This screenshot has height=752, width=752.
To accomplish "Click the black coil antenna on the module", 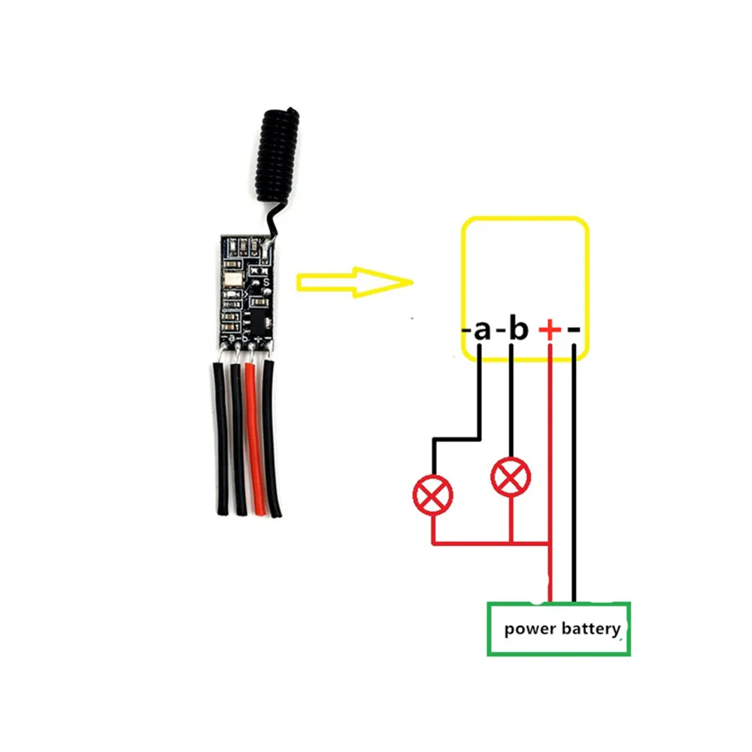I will point(278,158).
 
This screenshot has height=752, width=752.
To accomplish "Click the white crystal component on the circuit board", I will point(231,282).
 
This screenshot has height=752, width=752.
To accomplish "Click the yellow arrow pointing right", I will point(353,282).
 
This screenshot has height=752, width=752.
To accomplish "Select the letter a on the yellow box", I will point(482,329).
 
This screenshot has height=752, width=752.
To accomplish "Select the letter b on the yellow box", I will point(518,329).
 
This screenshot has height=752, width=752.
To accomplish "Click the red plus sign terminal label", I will point(550,329).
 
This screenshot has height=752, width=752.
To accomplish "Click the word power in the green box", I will point(531,629).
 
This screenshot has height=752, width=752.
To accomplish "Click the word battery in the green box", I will point(593,629).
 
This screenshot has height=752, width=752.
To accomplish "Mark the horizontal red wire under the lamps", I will point(489,542).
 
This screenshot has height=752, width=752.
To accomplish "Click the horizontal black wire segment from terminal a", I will point(456,438).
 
